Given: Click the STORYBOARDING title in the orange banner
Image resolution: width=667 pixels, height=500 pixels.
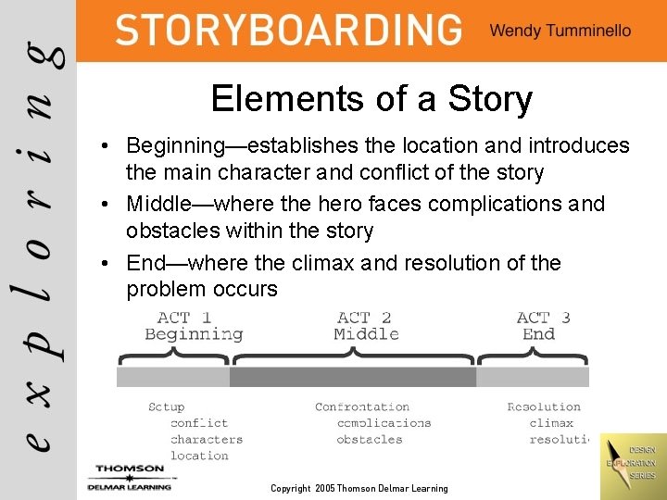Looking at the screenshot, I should [288, 30].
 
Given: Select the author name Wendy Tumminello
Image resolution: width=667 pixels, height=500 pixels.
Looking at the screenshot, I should [560, 31].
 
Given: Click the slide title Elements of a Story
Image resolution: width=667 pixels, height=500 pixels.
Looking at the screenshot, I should [371, 98].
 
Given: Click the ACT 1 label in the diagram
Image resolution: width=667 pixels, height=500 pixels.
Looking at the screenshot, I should [183, 318].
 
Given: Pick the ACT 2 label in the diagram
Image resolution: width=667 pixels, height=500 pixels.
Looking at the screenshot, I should [364, 318].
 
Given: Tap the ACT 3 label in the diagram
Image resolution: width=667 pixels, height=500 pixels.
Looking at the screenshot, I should [544, 318].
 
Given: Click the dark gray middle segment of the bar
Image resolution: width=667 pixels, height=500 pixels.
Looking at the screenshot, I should [353, 377].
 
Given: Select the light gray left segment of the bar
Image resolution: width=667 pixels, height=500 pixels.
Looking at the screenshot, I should [172, 377].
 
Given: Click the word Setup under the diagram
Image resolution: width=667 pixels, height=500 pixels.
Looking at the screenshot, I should [167, 406].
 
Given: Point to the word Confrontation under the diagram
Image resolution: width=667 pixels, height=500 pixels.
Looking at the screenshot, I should [362, 406].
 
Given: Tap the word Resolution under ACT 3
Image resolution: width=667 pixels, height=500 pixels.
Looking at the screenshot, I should [544, 406].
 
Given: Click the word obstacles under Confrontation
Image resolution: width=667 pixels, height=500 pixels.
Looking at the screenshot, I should [370, 440].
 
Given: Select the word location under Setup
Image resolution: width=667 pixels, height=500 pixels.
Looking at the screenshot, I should [199, 456].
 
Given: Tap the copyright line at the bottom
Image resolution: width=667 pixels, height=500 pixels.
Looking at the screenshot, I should [359, 488].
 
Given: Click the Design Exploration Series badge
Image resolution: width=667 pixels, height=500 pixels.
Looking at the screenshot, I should [632, 463].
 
